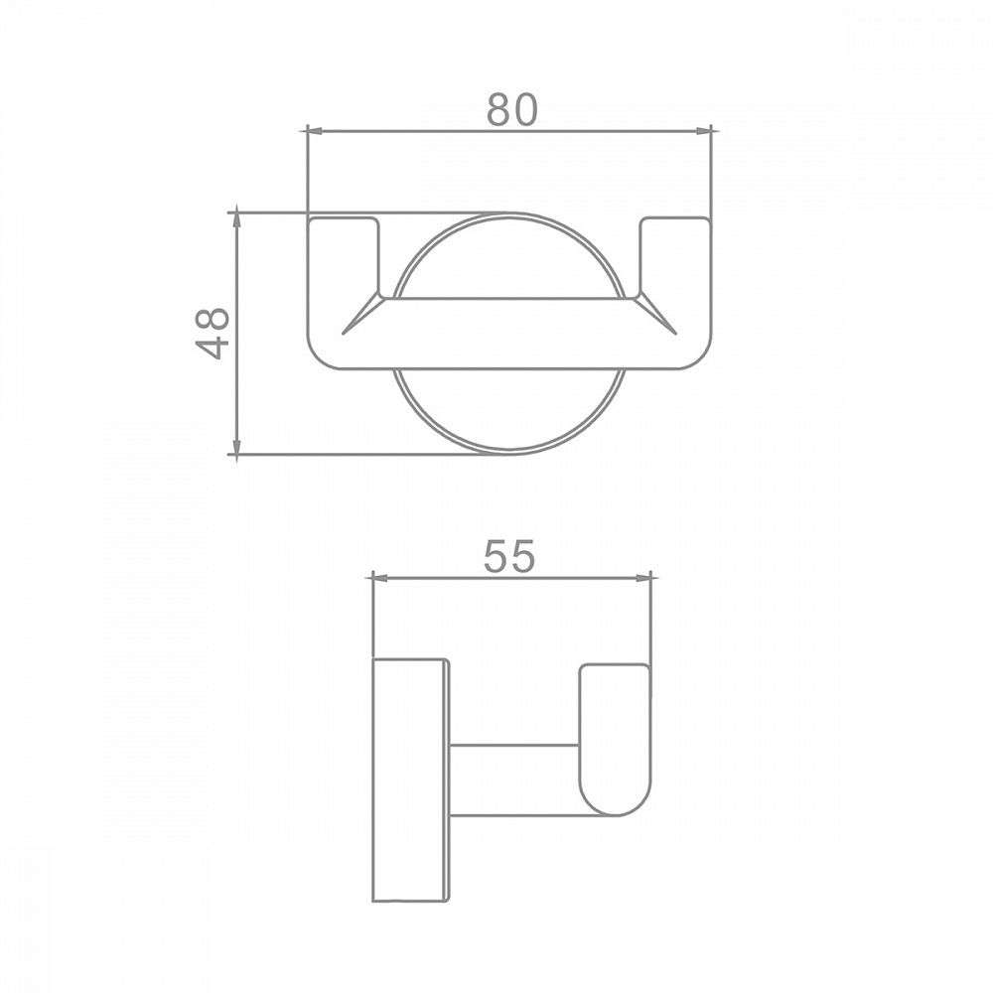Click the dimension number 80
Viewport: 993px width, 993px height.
pos(511,109)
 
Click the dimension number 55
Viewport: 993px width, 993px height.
pos(509,556)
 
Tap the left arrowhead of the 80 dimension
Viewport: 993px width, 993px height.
pos(315,131)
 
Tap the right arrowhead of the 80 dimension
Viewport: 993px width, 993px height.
pos(703,131)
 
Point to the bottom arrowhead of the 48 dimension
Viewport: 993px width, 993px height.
pos(237,446)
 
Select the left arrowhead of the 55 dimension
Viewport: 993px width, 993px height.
pos(381,578)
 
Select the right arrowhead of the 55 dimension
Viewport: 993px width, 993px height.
pos(642,578)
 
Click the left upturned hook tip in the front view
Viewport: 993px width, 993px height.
pos(344,220)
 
